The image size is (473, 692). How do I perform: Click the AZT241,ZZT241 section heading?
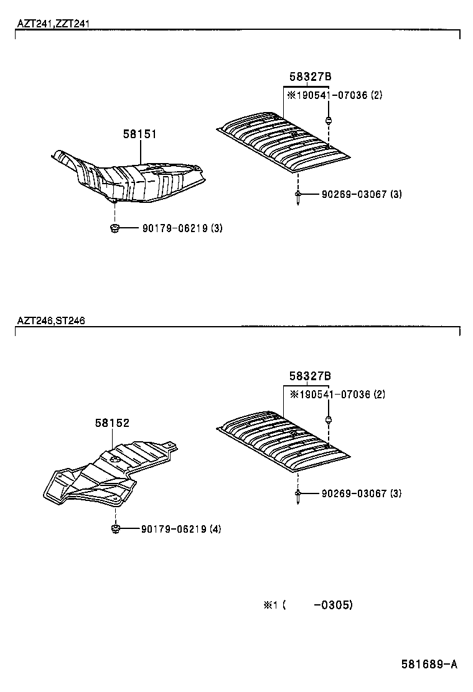point(53,24)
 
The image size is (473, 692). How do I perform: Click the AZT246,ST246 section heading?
point(51,320)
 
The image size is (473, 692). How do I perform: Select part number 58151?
point(140,134)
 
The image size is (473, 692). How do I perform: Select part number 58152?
point(113,423)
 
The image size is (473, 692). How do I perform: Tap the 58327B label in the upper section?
point(311,77)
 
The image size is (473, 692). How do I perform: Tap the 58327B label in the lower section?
point(310,376)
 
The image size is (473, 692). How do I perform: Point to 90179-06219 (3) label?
point(182,228)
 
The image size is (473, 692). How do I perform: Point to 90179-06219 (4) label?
point(181,529)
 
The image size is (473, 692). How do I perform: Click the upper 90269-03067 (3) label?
point(362,194)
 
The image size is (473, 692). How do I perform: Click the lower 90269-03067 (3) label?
point(362,493)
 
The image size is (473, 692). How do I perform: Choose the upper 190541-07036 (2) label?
point(335,95)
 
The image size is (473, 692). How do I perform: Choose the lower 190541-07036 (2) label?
point(337,394)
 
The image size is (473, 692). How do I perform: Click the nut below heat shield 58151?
point(115,228)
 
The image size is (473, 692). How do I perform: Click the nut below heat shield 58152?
point(116,529)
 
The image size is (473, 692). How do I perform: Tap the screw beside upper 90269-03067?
point(298,197)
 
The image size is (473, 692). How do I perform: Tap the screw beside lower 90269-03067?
point(298,497)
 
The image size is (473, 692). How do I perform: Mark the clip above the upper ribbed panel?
point(329,120)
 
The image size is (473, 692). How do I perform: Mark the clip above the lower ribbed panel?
point(328,419)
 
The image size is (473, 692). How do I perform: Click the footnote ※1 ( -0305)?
point(308,605)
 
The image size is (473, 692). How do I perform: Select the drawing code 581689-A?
point(429,664)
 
